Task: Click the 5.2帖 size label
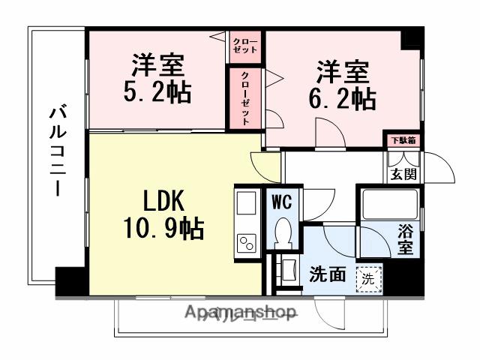point(158,91)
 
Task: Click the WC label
point(283,202)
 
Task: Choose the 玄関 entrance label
point(402,175)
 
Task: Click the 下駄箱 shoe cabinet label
point(403,139)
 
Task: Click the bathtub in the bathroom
point(389,204)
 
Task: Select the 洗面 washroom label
point(328,275)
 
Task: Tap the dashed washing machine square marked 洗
point(367,278)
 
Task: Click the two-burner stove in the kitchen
point(247,241)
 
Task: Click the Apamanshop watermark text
point(240,313)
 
